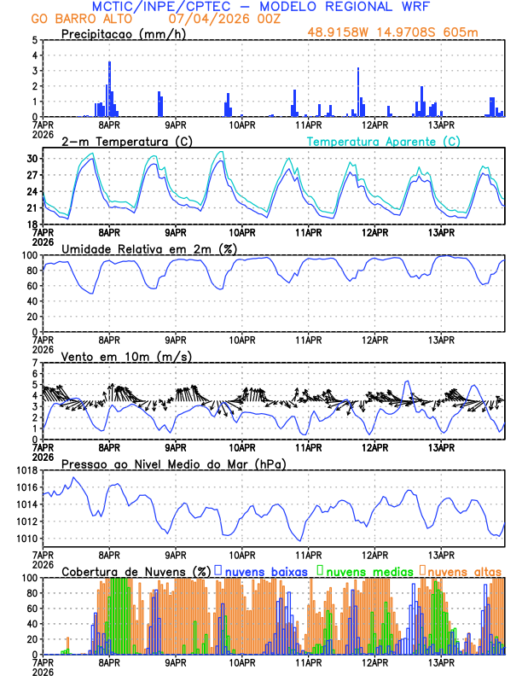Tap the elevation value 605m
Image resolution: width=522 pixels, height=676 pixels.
pos(463,32)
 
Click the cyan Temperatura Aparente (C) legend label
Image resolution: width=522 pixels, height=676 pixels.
pos(384,141)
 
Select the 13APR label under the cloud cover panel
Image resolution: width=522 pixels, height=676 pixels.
pos(441,661)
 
